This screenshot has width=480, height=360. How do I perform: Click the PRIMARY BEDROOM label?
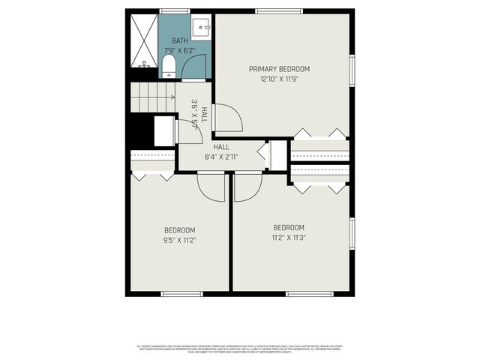279,69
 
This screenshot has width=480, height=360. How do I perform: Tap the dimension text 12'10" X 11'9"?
279,78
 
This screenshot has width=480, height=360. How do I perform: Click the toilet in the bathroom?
169,66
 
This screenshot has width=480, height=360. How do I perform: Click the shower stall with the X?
141,40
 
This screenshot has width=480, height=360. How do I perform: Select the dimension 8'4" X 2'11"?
221,157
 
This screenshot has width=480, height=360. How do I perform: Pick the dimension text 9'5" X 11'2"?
180,240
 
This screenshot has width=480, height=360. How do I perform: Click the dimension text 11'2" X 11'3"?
289,238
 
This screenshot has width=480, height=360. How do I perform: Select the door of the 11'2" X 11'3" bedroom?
247,187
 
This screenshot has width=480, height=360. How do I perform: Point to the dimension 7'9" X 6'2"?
180,51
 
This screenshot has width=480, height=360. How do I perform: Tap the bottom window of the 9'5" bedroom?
182,293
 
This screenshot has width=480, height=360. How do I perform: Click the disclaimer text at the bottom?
239,349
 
